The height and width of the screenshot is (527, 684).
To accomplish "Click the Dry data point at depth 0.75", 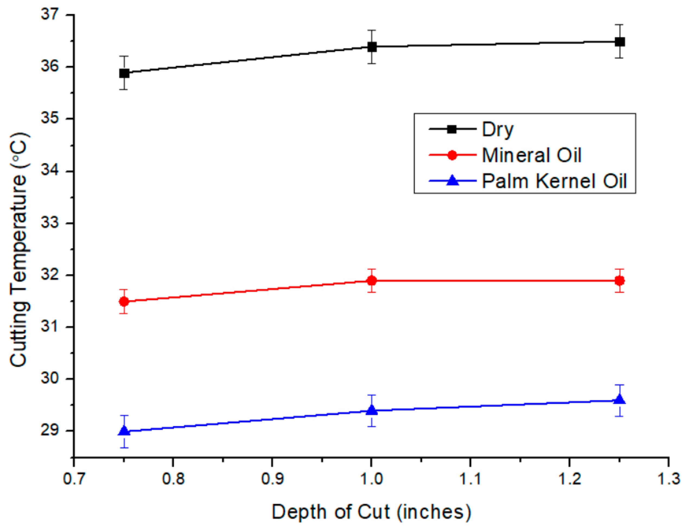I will (124, 73).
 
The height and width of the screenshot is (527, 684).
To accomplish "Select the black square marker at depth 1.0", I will (372, 47).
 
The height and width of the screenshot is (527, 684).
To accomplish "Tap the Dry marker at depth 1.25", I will (619, 42).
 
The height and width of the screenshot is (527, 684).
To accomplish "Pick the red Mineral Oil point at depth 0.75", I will (124, 302).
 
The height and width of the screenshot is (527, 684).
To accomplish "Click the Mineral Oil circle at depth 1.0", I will (372, 281).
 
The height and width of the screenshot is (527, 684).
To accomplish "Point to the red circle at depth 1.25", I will (619, 281).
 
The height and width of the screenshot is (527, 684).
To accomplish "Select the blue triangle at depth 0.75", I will (124, 430).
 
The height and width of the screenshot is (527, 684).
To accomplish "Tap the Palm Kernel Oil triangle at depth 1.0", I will (372, 410).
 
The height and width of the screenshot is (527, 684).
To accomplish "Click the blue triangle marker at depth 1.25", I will (619, 399).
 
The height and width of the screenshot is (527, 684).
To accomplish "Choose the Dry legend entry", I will (498, 129).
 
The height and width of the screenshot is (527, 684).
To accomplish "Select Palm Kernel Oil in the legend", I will (554, 181).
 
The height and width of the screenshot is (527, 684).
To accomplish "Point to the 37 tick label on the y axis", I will (50, 15).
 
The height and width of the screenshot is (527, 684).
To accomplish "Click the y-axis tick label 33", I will (50, 223).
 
